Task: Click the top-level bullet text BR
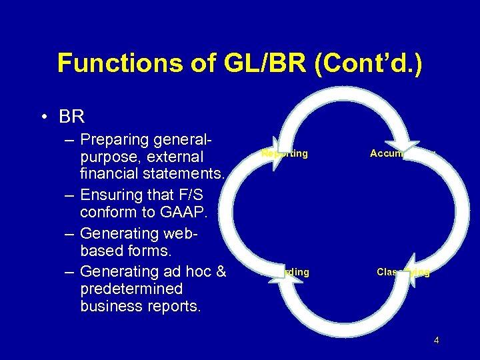tap(71, 117)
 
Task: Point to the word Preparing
tap(114, 140)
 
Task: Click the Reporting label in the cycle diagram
tap(285, 153)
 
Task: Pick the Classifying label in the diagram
tap(403, 272)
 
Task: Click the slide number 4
tap(436, 341)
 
